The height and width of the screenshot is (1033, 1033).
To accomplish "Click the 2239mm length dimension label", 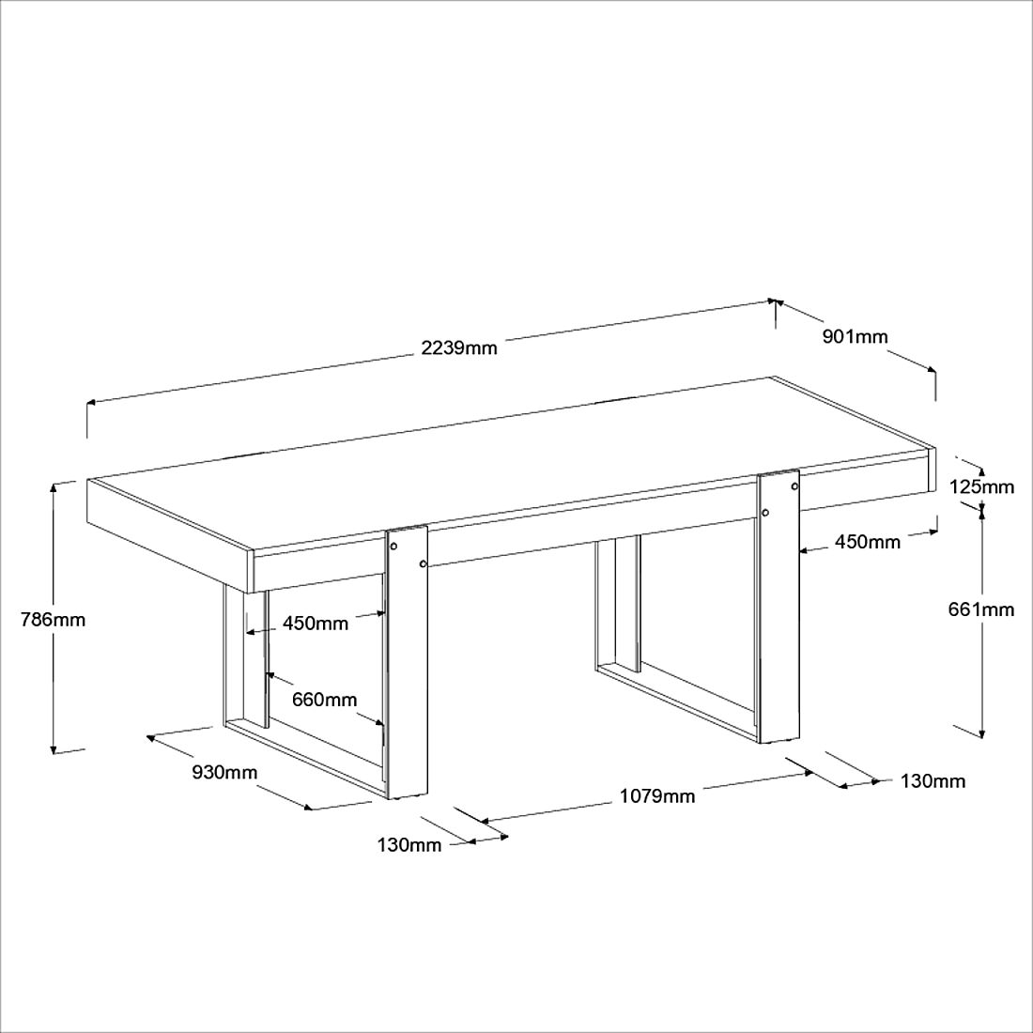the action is [459, 347].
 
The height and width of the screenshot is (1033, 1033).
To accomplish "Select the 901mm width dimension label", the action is [856, 336].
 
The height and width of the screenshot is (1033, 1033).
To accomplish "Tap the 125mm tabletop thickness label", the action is [981, 486].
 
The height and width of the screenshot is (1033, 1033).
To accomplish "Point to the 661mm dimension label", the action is [981, 609].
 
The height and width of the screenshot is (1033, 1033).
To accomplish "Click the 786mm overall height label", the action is [53, 620].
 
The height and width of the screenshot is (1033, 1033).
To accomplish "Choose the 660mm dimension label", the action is [325, 699].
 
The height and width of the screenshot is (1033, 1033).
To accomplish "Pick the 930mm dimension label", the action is [224, 771].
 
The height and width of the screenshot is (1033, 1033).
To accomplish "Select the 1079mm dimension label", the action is [657, 795].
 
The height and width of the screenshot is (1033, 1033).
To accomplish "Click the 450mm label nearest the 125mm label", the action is [868, 542].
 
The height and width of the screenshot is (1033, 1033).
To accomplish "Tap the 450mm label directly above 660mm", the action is [316, 623].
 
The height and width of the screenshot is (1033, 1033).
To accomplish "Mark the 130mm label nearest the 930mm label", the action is [409, 844].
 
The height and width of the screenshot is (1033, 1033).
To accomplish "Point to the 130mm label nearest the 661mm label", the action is [933, 781].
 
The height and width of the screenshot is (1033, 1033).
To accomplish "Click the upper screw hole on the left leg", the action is [394, 547].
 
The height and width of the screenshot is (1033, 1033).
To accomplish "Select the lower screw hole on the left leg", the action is [423, 564].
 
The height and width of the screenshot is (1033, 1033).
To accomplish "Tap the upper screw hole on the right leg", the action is [794, 486].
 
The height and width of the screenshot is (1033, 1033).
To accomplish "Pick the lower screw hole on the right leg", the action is [765, 513].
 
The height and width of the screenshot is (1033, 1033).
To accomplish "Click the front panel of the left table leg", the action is [408, 662].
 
